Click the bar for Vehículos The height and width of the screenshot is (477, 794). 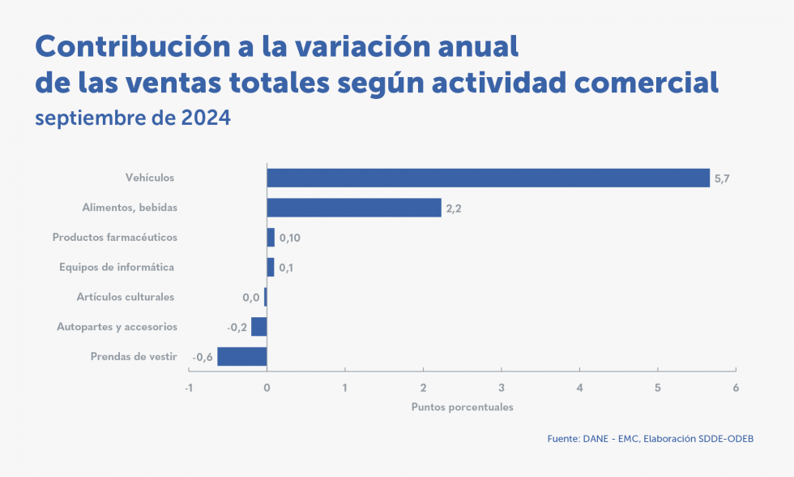pos(488,178)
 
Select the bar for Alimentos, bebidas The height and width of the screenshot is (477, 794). pos(354,208)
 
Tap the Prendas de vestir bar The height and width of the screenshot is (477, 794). pos(242,356)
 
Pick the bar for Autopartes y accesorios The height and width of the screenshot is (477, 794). pos(259,326)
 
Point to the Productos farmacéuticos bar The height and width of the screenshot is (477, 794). pos(271,238)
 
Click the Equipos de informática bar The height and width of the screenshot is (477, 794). pos(271,267)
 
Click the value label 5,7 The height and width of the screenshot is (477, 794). pos(722,178)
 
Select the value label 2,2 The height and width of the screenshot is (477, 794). pos(454,208)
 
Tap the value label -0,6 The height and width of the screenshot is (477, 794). pos(203,357)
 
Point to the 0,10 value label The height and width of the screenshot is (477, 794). pos(290,238)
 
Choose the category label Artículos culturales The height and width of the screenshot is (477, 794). pos(126,297)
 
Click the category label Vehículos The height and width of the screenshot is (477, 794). pos(150,178)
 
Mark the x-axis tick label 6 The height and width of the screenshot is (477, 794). pos(736,387)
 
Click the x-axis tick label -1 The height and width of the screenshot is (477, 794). pos(189,387)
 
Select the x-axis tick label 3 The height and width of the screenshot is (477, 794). pos(502,387)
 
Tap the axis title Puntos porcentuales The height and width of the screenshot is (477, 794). pos(462,406)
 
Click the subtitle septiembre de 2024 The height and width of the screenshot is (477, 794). pos(133,118)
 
